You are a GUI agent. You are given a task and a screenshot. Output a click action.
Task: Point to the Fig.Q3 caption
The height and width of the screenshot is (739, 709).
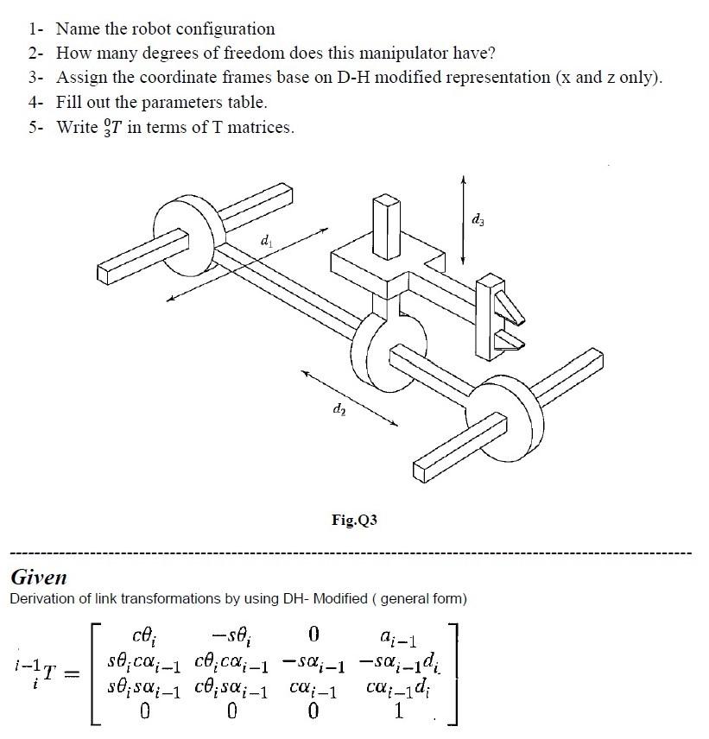(354, 520)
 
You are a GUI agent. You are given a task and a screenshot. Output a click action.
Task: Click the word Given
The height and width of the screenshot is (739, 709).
(38, 577)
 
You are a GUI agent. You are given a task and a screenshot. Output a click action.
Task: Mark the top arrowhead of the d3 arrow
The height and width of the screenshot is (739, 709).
(464, 180)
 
